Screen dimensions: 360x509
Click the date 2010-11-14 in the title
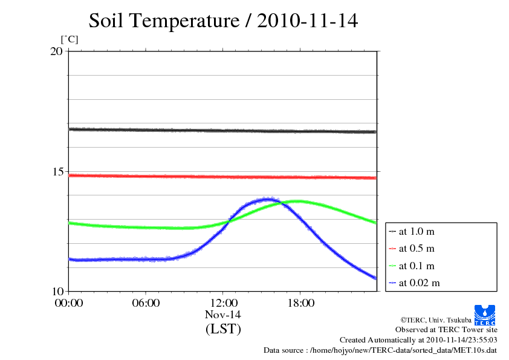point(307,21)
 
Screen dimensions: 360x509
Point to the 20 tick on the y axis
point(56,51)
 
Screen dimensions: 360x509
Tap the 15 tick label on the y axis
point(56,171)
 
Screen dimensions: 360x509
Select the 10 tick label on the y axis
point(56,291)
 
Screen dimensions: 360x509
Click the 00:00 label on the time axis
point(68,303)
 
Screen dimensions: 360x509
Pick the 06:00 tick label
point(146,303)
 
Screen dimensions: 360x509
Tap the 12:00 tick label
point(223,303)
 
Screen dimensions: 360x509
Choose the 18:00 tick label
point(300,303)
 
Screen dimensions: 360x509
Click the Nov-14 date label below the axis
point(223,315)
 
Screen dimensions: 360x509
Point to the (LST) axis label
point(223,330)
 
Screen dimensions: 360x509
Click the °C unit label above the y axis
point(70,40)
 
